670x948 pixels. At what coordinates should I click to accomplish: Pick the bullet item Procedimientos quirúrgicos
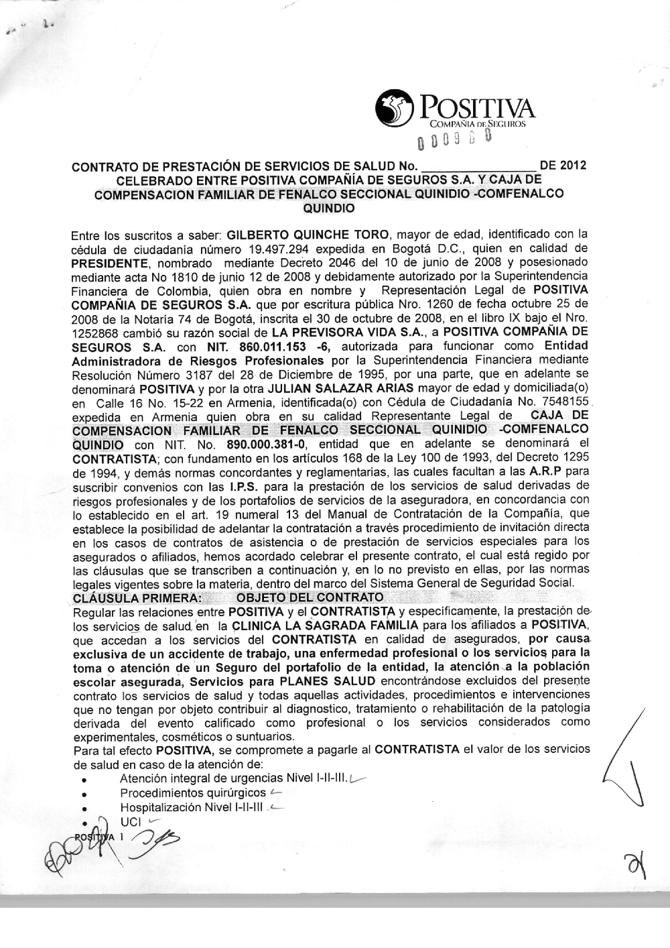(193, 794)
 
